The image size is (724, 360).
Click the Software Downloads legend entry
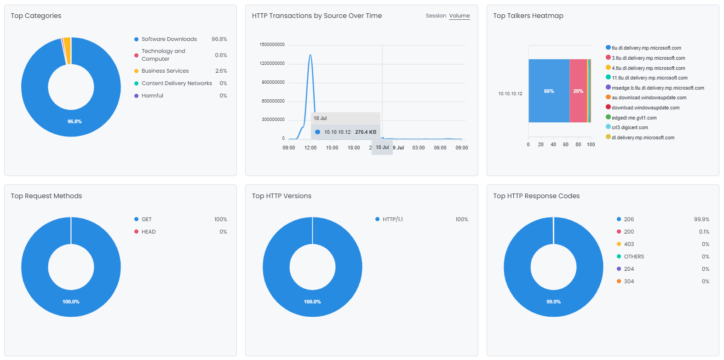[x=169, y=39]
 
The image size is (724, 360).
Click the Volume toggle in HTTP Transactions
[x=459, y=16]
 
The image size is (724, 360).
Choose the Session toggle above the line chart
[x=436, y=16]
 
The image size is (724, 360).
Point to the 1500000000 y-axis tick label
[x=272, y=45]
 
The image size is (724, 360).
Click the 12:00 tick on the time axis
[x=310, y=148]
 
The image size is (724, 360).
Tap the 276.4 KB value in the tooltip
[x=365, y=132]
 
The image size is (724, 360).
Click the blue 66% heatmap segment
[x=549, y=91]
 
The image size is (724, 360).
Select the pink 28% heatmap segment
[x=578, y=91]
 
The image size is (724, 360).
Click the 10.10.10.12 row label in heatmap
[x=510, y=94]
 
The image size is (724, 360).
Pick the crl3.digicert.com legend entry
[x=629, y=128]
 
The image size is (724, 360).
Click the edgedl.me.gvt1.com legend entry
[x=634, y=118]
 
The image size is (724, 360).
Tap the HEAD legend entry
[x=148, y=232]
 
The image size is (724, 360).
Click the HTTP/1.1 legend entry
[x=392, y=219]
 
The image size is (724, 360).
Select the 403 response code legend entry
[x=628, y=244]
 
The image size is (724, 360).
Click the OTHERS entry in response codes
[x=633, y=257]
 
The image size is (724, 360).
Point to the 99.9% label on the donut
[x=553, y=302]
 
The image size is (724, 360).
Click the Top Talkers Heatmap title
[x=528, y=16]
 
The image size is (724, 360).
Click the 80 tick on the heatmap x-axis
[x=578, y=144]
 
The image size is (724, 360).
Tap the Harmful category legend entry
[x=152, y=96]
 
